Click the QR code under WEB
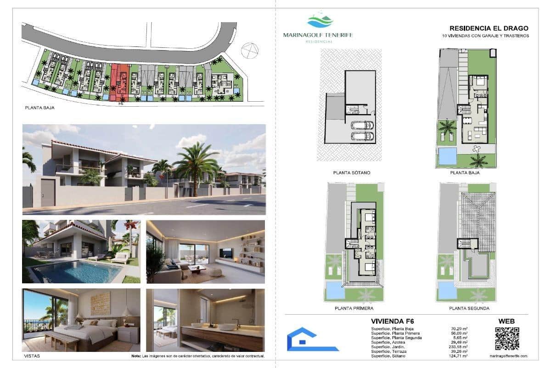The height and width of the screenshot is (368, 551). (x=507, y=339)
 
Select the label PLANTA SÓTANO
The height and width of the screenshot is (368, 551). (x=352, y=172)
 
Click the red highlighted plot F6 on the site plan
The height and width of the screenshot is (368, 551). (x=119, y=82)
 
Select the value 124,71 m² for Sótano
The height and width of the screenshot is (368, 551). (x=459, y=356)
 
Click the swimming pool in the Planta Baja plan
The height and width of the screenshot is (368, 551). (x=448, y=156)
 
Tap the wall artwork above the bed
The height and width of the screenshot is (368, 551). (x=100, y=304)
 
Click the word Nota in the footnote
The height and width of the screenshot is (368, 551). (x=136, y=356)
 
